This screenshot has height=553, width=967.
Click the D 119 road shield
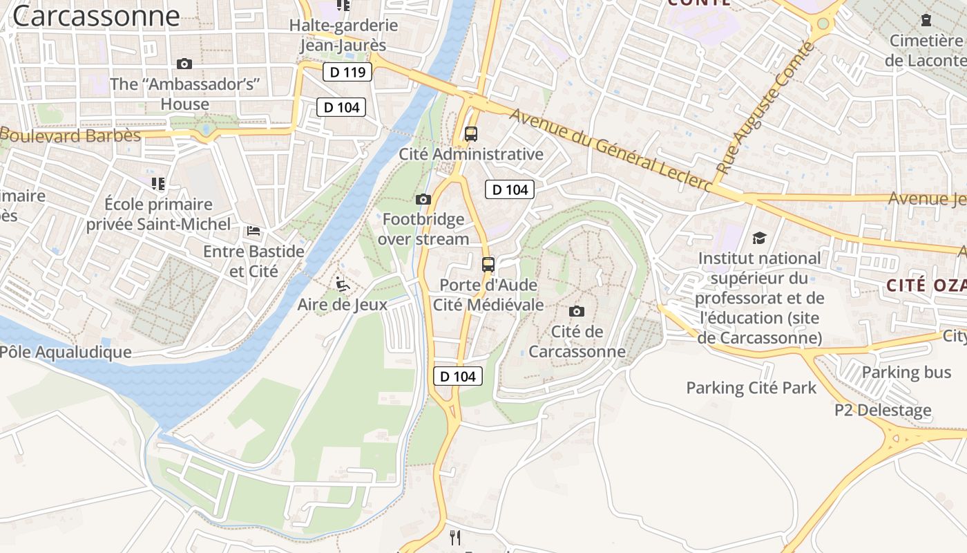[347, 71]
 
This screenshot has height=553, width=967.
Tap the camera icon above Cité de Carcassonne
[576, 312]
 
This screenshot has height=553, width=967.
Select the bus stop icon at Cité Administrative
[471, 134]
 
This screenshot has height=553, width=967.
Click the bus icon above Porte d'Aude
[488, 264]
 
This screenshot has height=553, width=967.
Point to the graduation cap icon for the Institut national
[759, 238]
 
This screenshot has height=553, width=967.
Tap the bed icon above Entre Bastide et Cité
[253, 230]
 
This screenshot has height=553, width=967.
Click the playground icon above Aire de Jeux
[342, 283]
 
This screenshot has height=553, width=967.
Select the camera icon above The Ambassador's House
[184, 64]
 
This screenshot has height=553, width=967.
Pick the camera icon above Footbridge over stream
[423, 200]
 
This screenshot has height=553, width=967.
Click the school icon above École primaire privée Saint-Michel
[158, 184]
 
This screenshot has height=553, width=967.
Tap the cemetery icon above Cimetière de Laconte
[926, 20]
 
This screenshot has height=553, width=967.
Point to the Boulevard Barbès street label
[70, 135]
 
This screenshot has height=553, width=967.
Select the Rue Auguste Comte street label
[765, 108]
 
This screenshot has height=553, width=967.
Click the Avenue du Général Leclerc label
[611, 150]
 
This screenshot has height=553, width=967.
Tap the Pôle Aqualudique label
[66, 352]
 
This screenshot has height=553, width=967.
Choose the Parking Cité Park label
[751, 388]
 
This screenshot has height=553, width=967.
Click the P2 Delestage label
[883, 410]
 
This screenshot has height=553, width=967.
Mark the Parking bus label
[906, 373]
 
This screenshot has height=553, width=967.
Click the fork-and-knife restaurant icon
[455, 537]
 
